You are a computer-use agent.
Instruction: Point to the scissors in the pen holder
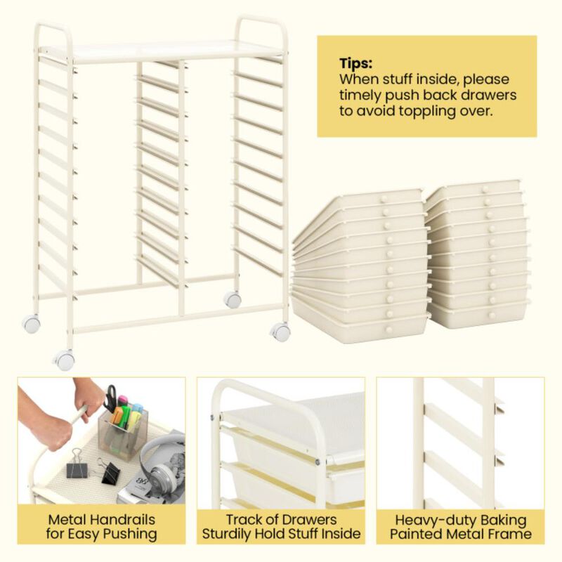(x=110, y=400)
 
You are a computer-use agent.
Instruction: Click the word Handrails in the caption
(x=124, y=520)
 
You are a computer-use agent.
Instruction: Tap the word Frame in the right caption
(x=510, y=535)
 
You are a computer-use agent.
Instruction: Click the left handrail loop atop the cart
(x=53, y=39)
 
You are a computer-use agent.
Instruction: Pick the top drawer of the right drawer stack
(x=475, y=190)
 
